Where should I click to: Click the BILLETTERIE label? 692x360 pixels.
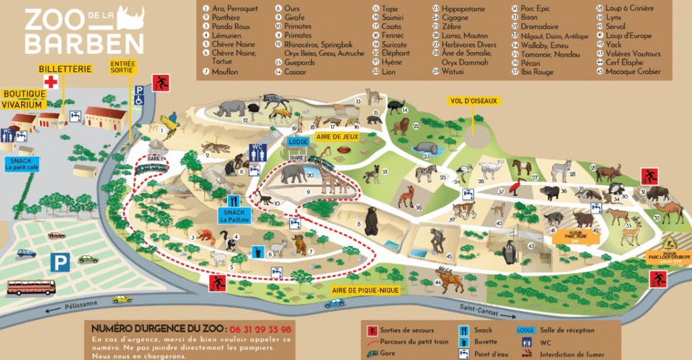click(x=63, y=69)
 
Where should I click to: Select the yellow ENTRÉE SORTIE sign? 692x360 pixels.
click(x=123, y=66)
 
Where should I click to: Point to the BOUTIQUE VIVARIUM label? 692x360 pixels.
click(x=24, y=99)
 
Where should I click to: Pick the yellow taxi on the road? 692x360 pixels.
click(x=122, y=299)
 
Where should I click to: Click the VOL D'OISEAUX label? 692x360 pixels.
click(x=473, y=101)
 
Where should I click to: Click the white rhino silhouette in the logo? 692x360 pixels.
click(x=129, y=18)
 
